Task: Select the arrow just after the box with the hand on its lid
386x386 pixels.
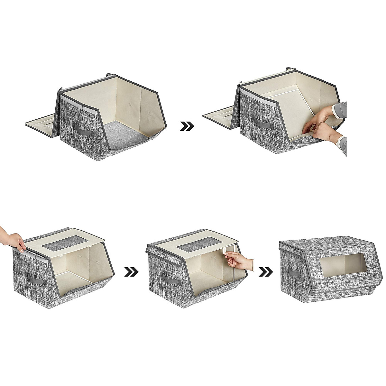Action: (131, 272)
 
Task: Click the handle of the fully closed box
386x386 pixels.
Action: (293, 273)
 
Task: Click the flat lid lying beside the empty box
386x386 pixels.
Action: (40, 121)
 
